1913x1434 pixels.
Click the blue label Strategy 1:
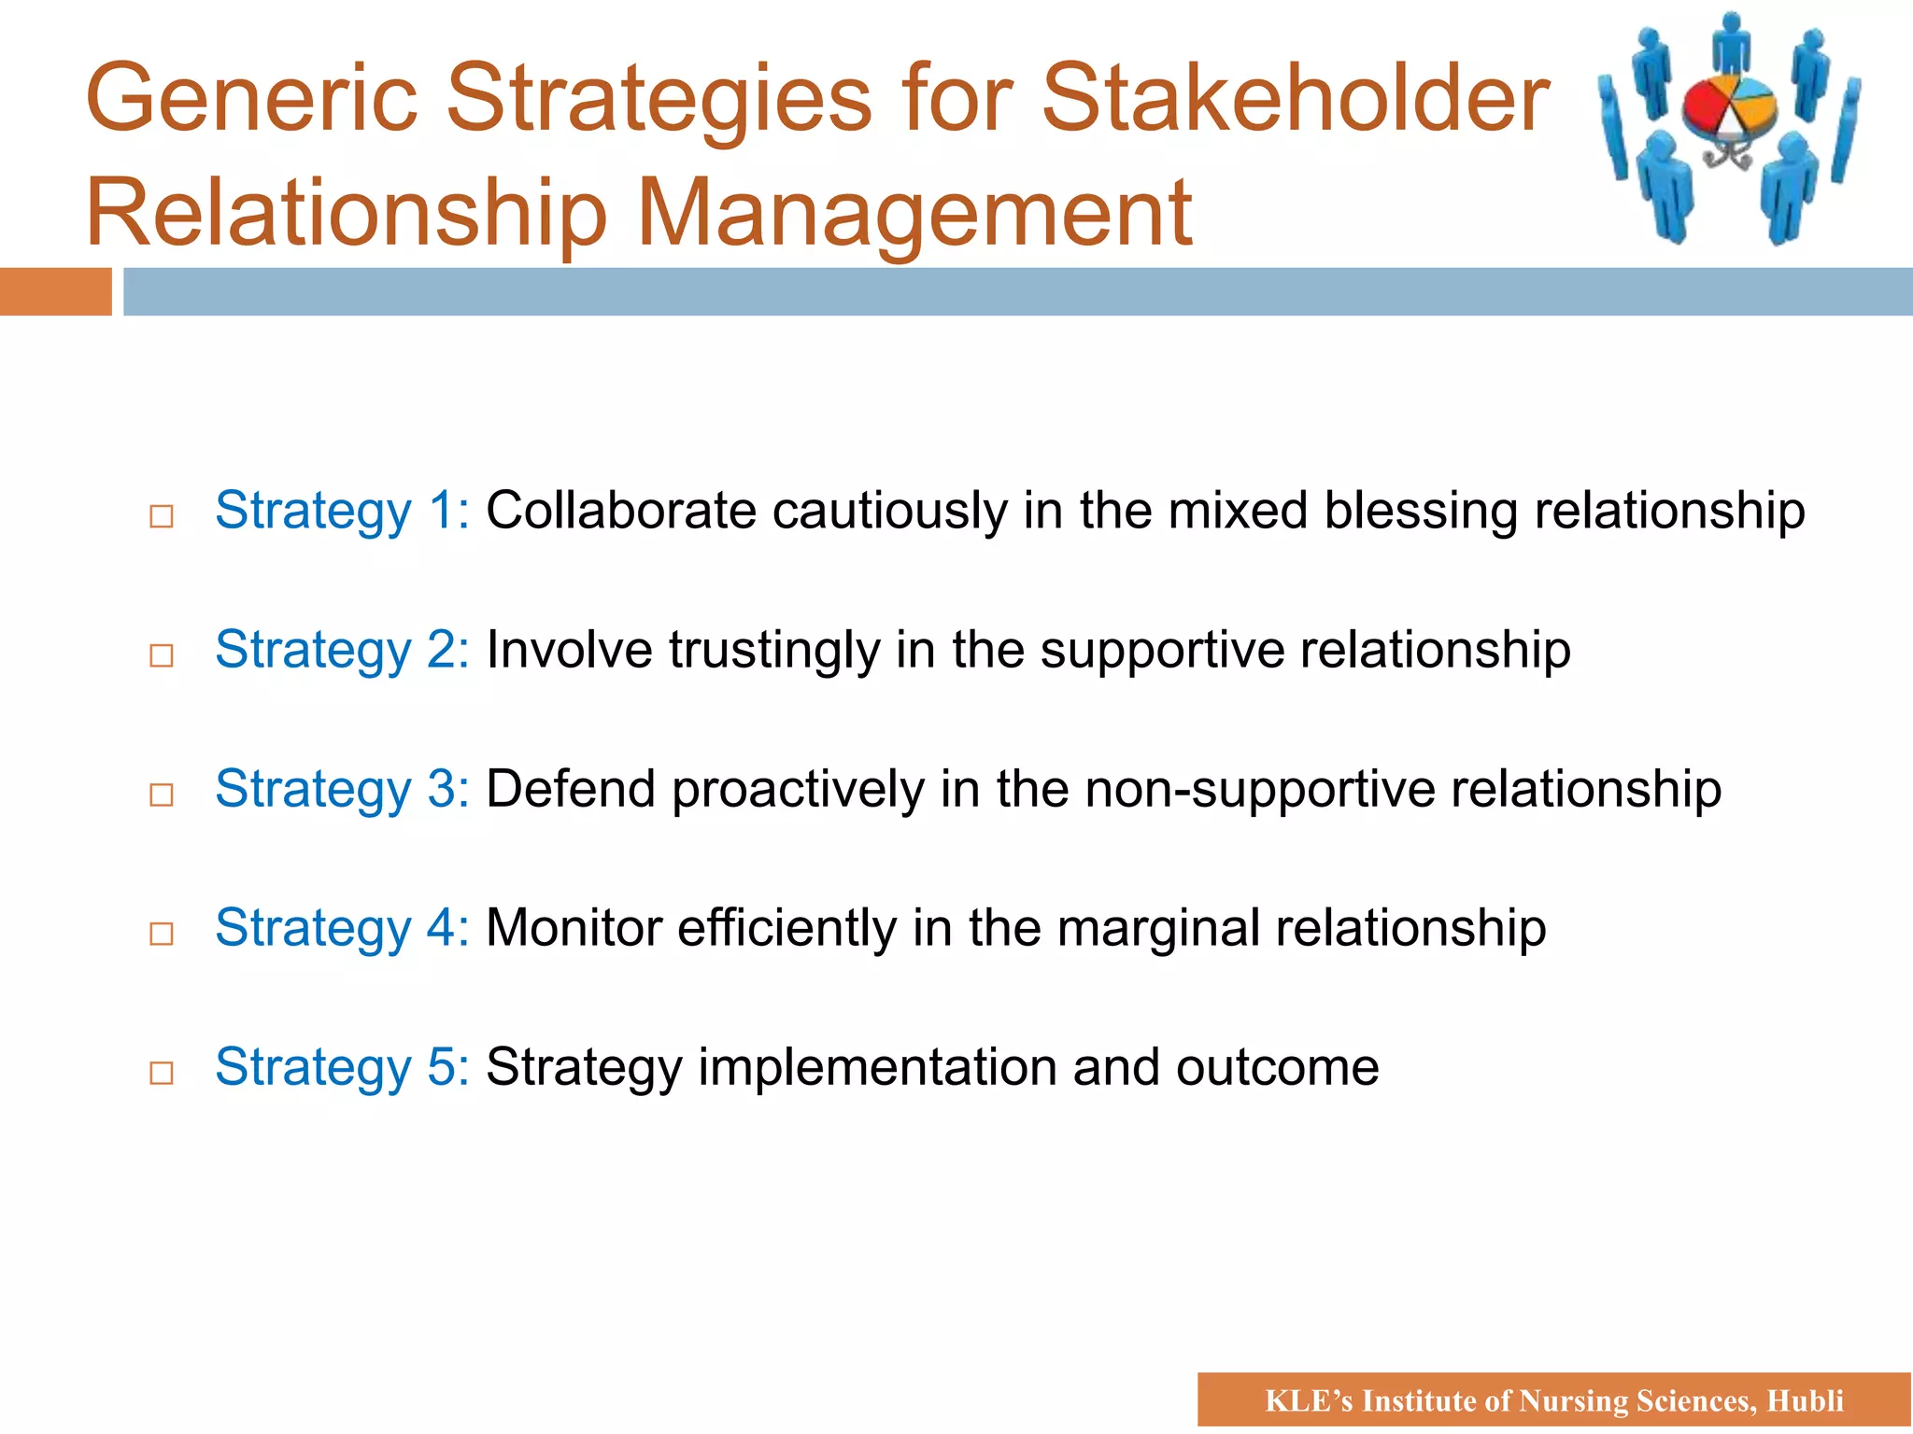point(342,512)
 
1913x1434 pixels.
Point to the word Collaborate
point(621,512)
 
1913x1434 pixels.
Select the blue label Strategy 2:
point(342,651)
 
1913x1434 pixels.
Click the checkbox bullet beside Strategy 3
point(162,794)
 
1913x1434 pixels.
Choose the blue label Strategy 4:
point(342,929)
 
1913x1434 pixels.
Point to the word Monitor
point(574,929)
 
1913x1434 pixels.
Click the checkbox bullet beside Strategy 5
point(162,1073)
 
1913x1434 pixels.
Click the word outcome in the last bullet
point(1277,1068)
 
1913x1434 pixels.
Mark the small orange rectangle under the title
point(55,291)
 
